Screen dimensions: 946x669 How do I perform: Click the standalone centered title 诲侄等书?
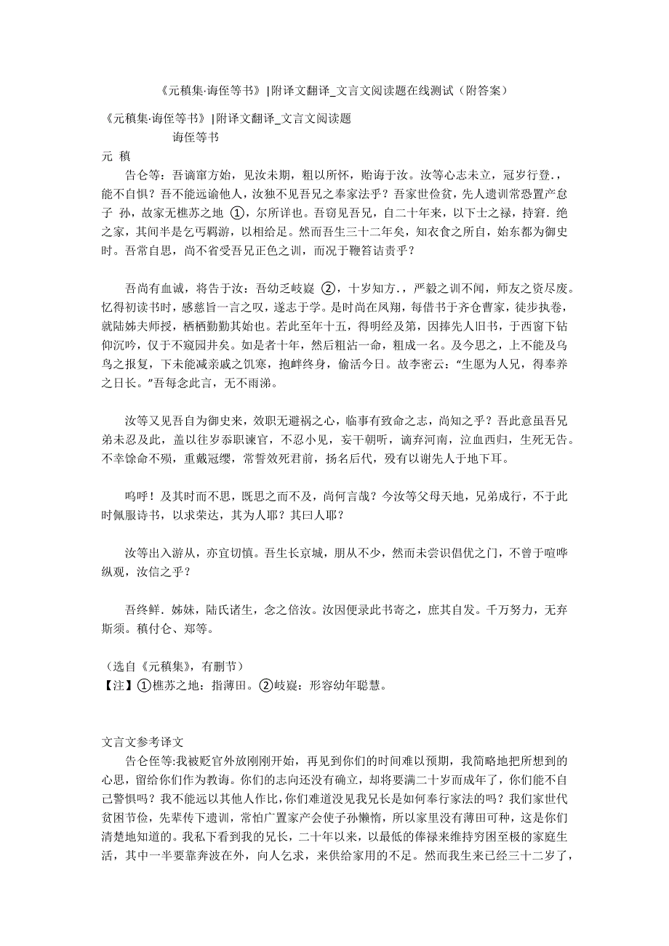tap(196, 136)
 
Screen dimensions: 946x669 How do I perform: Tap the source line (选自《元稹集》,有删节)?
tap(174, 666)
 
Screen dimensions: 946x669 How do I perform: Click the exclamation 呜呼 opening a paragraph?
tap(137, 497)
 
